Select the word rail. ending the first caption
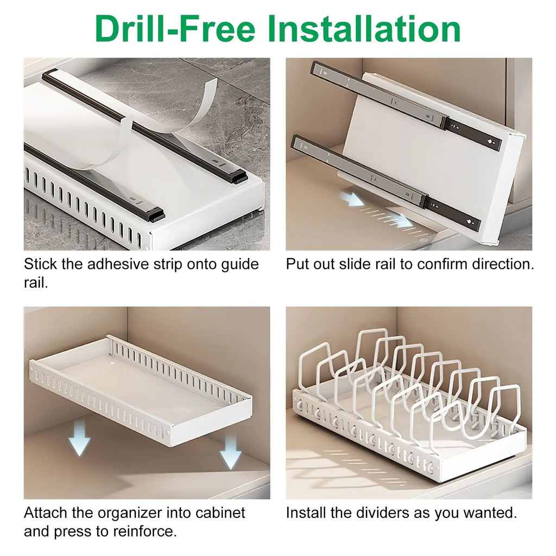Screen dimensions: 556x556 click(x=36, y=283)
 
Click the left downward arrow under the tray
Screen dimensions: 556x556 click(x=80, y=439)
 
